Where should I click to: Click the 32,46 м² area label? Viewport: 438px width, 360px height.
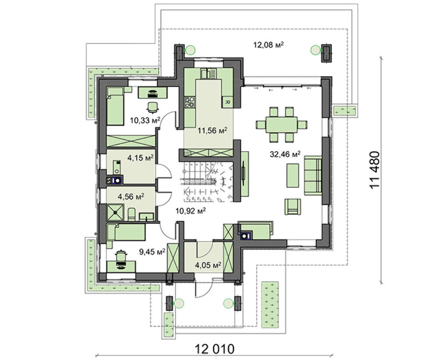[x=285, y=154]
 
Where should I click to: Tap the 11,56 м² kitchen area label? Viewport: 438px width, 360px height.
[x=212, y=130]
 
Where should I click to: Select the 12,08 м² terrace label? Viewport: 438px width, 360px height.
[x=268, y=45]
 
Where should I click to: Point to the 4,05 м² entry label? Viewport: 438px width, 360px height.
[x=208, y=265]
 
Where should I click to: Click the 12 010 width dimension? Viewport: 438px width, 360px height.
[x=214, y=349]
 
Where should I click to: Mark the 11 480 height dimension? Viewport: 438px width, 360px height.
[x=375, y=170]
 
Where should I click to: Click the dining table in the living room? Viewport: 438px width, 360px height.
[x=282, y=124]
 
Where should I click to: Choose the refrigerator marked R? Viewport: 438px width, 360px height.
[x=227, y=102]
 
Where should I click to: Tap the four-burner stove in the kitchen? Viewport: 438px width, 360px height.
[x=190, y=102]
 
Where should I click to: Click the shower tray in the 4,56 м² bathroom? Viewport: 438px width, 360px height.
[x=115, y=212]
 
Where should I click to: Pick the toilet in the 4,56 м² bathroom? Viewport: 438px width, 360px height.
[x=131, y=214]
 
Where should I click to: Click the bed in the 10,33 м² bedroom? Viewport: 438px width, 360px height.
[x=115, y=106]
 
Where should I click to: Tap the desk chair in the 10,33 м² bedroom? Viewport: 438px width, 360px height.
[x=152, y=108]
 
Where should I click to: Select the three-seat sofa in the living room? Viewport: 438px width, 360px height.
[x=313, y=176]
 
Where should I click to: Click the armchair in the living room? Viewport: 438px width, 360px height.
[x=293, y=206]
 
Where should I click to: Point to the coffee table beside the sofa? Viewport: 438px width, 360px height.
[x=293, y=175]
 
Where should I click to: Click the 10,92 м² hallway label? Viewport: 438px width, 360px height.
[x=191, y=210]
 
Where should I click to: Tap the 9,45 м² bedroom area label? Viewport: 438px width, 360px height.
[x=152, y=252]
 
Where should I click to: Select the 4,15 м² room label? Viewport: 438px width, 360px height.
[x=141, y=158]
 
